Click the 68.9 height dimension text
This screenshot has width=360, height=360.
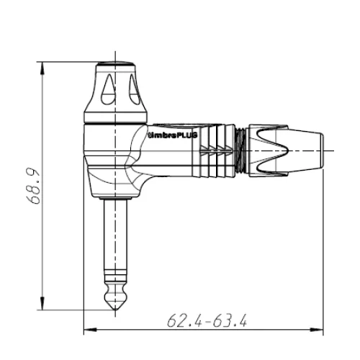[x=32, y=186]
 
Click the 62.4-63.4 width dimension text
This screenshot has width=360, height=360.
[x=207, y=320]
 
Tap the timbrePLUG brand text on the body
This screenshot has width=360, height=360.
[x=173, y=135]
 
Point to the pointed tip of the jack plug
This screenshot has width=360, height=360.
[x=116, y=310]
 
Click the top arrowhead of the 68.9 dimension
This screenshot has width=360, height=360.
[x=42, y=68]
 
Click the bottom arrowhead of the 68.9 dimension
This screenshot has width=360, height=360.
[x=42, y=303]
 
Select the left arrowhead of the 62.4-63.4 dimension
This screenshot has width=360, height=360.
[x=90, y=329]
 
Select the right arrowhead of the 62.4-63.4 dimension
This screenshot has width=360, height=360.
[x=317, y=329]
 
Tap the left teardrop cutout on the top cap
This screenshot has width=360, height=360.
[x=108, y=89]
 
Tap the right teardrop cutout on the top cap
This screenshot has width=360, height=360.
[x=134, y=89]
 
